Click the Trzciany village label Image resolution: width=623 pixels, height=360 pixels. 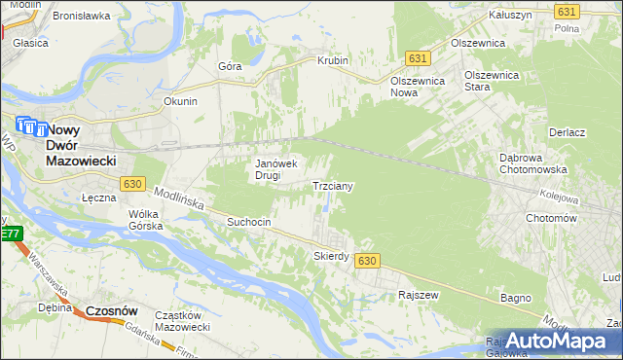click(332, 185)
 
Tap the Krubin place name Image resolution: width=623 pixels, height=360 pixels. click(332, 60)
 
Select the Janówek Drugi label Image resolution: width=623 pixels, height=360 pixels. click(281, 170)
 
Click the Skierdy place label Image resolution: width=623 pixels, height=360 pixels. click(331, 256)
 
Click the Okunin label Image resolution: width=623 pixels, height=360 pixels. click(181, 100)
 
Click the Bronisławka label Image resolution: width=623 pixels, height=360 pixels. click(81, 17)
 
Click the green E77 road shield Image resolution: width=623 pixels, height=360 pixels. click(9, 234)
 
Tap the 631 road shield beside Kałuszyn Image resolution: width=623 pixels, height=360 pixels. click(567, 11)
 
